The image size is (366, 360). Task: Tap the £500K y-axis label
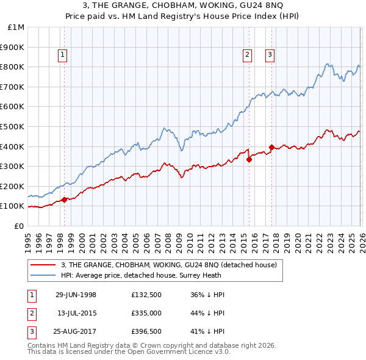click(13, 126)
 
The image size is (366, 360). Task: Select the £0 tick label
click(20, 226)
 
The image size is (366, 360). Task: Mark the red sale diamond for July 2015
click(249, 160)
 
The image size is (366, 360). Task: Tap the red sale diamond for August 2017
click(271, 147)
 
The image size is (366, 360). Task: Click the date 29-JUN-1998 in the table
click(76, 295)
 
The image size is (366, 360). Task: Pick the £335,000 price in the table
click(148, 313)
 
